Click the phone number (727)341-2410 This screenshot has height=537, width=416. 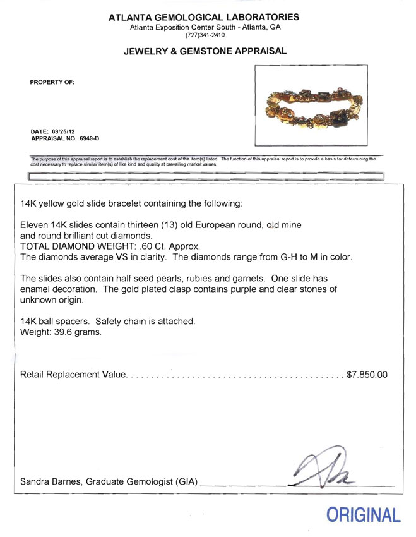click(x=205, y=36)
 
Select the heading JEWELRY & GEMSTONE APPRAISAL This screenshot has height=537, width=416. click(x=205, y=51)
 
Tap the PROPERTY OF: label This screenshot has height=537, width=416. click(x=52, y=82)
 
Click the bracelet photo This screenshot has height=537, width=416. click(x=309, y=105)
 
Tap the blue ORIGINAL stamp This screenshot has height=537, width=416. click(x=363, y=515)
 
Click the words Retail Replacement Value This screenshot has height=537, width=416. click(x=73, y=375)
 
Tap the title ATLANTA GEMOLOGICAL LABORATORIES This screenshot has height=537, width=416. click(x=205, y=17)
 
